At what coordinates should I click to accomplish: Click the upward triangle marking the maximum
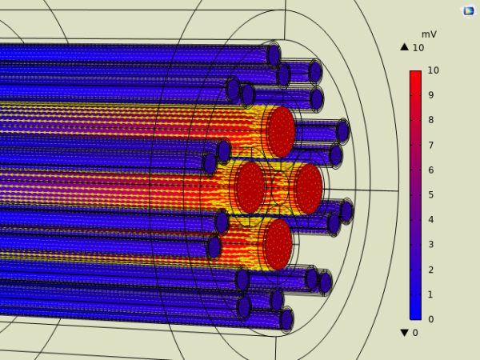[x=405, y=47]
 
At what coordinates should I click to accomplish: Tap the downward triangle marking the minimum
[x=405, y=333]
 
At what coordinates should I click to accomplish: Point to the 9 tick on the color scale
[x=431, y=95]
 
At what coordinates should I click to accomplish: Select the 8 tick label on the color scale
[x=431, y=120]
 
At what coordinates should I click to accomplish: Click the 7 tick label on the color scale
[x=431, y=145]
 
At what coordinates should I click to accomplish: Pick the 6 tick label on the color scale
[x=431, y=170]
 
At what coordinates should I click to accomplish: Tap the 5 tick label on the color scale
[x=431, y=194]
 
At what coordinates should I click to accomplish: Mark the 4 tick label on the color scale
[x=431, y=219]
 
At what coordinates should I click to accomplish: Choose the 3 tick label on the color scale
[x=431, y=244]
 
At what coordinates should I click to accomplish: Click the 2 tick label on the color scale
[x=431, y=270]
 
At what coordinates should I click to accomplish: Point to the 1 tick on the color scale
[x=431, y=294]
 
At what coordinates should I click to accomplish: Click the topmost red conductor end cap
[x=281, y=132]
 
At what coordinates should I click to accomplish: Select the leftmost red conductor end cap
[x=250, y=188]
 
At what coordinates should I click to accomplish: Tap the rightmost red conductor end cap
[x=308, y=189]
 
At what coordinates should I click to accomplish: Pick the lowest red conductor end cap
[x=278, y=244]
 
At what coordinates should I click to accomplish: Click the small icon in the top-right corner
[x=469, y=10]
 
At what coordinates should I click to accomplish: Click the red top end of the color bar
[x=415, y=75]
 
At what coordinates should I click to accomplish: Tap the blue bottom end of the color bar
[x=415, y=314]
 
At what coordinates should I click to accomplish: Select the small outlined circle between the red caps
[x=279, y=189]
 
